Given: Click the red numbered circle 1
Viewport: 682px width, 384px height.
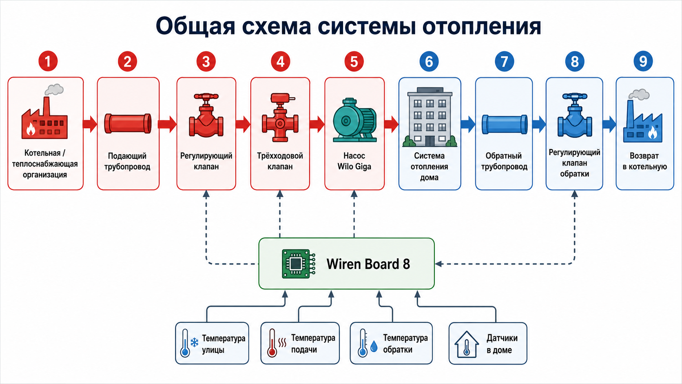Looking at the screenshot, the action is tap(48, 61).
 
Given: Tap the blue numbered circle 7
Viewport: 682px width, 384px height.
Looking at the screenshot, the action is tap(504, 62).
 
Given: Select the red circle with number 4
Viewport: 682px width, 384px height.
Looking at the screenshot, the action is tap(280, 62).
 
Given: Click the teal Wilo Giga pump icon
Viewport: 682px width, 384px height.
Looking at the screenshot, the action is tap(355, 120).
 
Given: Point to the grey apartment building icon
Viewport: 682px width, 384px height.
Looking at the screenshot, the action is tap(430, 117).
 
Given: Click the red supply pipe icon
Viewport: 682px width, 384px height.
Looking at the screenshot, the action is tap(128, 124).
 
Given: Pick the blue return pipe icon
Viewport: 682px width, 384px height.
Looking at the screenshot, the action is tap(505, 124).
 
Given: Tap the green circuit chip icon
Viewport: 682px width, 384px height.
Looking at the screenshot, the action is tap(298, 264).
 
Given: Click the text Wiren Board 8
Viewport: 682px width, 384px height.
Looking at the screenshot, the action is tap(368, 264).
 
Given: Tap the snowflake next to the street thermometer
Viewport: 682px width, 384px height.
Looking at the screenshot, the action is tap(194, 342).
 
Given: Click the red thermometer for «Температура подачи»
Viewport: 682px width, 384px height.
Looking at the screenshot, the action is tap(272, 343).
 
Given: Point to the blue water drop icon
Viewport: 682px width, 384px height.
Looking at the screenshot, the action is tap(374, 346).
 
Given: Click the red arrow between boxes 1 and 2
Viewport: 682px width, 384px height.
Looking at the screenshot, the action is tap(90, 124).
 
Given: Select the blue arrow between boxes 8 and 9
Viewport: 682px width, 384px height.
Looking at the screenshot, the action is tap(609, 124).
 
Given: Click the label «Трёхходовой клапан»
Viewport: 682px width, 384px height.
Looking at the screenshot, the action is tap(280, 161).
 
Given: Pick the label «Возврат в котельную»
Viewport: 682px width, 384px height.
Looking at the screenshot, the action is tap(644, 161).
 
